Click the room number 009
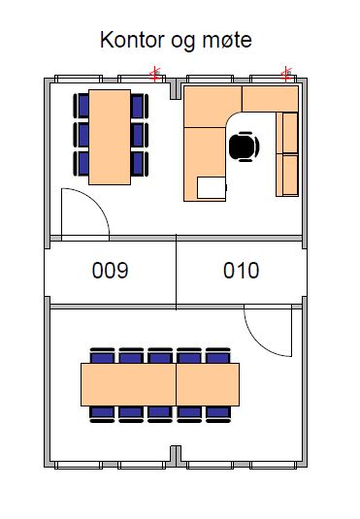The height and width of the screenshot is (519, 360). point(110,271)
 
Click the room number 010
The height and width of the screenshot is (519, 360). point(242,271)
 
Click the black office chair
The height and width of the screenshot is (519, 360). point(244,146)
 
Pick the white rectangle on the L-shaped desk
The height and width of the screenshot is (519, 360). point(211,187)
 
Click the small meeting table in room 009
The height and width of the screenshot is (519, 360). point(109,135)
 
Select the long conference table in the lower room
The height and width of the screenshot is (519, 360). point(160,383)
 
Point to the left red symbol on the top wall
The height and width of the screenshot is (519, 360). point(153,73)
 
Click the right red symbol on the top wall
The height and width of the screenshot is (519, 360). point(286,73)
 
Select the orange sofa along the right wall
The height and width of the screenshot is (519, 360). point(289,153)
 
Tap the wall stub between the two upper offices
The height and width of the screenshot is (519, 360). point(176,90)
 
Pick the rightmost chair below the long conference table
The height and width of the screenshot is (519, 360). point(217,412)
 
